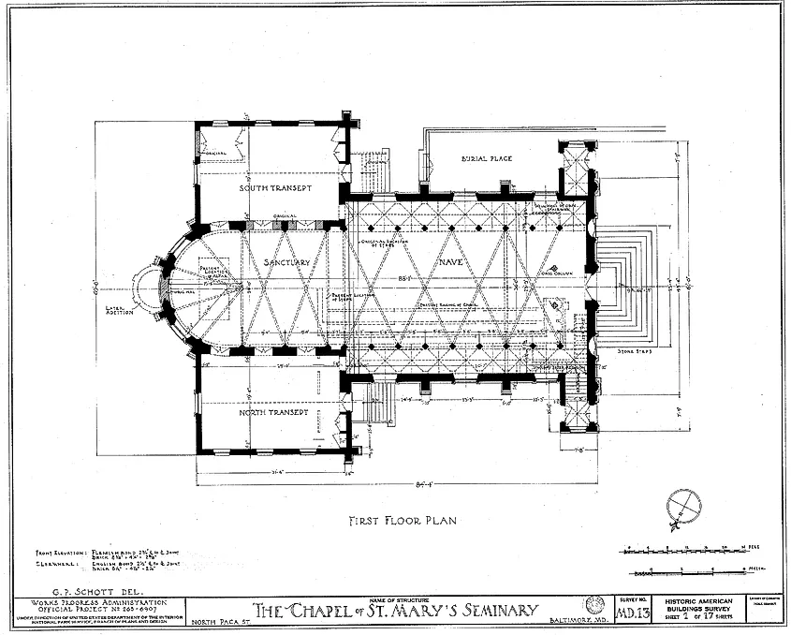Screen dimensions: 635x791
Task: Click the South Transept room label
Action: [275, 188]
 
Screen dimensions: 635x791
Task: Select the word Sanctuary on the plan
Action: [286, 262]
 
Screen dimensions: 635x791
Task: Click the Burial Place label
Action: [487, 158]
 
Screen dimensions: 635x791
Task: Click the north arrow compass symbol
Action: [683, 507]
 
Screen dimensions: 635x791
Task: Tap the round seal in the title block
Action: [593, 605]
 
